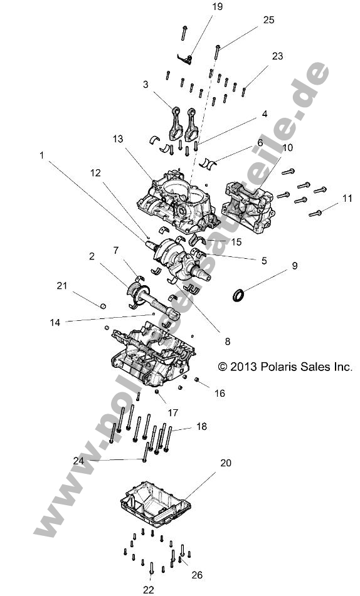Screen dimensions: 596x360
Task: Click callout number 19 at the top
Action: coord(199,7)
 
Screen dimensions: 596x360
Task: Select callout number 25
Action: coord(268,20)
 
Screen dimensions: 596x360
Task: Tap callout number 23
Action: coord(277,56)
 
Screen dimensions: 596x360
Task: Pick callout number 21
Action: coord(61,286)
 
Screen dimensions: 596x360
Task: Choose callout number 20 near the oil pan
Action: coord(225,463)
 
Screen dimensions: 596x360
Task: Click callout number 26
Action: coord(196,575)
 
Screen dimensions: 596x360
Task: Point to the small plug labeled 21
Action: coord(102,306)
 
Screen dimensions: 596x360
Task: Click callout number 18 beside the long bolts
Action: coord(201,427)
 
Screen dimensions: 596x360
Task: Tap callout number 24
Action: coord(78,460)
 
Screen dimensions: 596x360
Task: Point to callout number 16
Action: coord(220,394)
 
